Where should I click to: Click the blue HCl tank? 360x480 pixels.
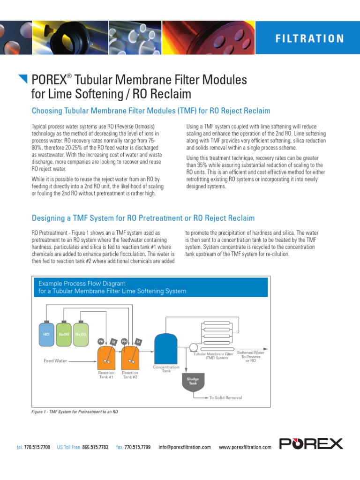click(46, 334)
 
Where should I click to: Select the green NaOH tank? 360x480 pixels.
click(63, 334)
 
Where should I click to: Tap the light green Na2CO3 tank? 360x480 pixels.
click(81, 334)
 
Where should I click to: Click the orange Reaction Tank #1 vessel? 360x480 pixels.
click(106, 359)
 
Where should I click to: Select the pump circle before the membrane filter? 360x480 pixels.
click(193, 347)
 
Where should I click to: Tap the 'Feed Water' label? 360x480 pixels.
click(55, 361)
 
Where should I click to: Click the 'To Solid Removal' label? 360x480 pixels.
click(225, 397)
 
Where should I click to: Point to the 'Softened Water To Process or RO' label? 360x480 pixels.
click(251, 357)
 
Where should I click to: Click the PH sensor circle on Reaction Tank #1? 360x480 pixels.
click(100, 341)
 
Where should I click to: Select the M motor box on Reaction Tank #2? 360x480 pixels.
click(137, 342)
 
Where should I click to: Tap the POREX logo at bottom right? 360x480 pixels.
click(311, 443)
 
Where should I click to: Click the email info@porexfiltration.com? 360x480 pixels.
click(185, 447)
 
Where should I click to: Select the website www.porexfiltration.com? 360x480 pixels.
click(245, 447)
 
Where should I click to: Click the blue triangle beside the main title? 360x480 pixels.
click(22, 78)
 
